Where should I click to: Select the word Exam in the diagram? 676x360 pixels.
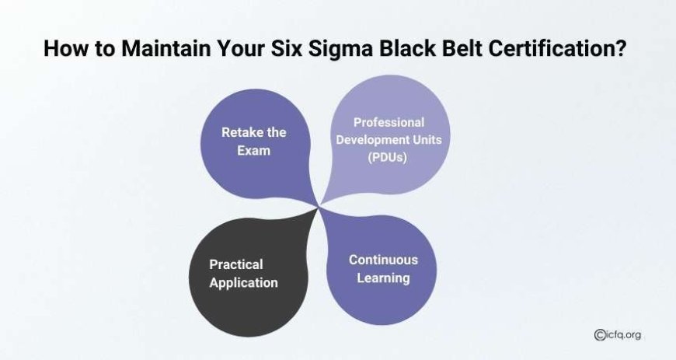pyautogui.click(x=253, y=151)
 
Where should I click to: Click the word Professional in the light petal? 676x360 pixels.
pyautogui.click(x=389, y=123)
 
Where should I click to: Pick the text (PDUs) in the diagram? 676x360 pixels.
pyautogui.click(x=388, y=157)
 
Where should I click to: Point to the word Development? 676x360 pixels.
pyautogui.click(x=372, y=140)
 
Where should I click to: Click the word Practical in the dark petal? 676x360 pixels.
pyautogui.click(x=236, y=264)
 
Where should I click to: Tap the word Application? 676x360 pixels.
pyautogui.click(x=243, y=283)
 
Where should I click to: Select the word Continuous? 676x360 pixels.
pyautogui.click(x=383, y=260)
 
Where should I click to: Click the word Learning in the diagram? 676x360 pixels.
pyautogui.click(x=383, y=278)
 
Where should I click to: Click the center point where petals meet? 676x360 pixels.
pyautogui.click(x=319, y=207)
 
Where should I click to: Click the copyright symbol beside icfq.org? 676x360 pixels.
pyautogui.click(x=599, y=334)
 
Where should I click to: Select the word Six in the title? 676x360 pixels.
pyautogui.click(x=286, y=48)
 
